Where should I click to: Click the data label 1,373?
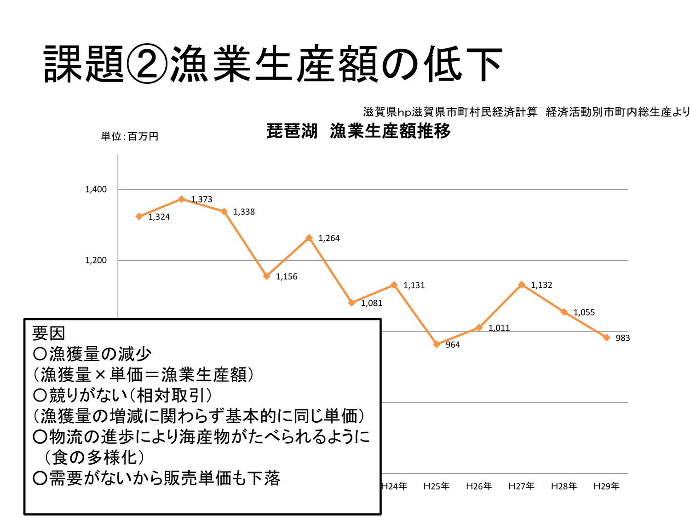point(201,199)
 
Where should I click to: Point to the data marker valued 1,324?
point(139,216)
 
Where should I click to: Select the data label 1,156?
point(287,277)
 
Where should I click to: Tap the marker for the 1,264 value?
point(309,238)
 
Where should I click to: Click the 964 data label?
point(453,345)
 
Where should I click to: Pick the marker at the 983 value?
point(606,338)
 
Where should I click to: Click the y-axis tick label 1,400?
point(96,189)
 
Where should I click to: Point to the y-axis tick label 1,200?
point(96,261)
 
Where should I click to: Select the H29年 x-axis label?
point(606,486)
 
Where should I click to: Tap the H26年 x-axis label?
point(479,486)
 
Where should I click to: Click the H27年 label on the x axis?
point(521,486)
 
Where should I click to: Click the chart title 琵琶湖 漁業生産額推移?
point(358,131)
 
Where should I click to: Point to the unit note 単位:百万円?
point(130,136)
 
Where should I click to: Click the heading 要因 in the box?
point(49,333)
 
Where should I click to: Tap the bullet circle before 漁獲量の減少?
point(40,354)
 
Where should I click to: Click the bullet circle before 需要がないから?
point(40,478)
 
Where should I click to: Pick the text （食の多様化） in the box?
point(95,457)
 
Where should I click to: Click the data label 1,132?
point(541,285)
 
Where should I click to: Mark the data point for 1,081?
point(352,303)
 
